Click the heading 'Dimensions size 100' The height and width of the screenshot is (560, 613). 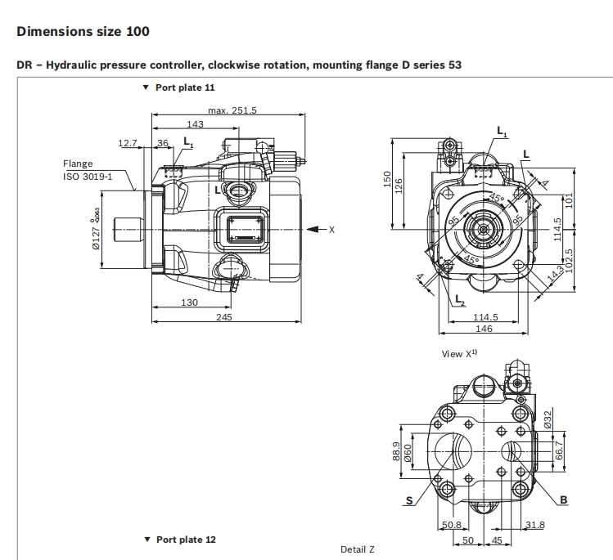tap(83, 32)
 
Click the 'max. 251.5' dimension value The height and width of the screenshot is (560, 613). tap(232, 110)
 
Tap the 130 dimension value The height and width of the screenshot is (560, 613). tap(189, 302)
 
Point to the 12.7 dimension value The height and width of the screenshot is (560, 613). tap(128, 143)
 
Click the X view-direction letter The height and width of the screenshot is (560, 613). tap(331, 230)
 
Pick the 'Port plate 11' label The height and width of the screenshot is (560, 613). tap(185, 87)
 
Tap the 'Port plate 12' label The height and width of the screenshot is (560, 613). tap(185, 540)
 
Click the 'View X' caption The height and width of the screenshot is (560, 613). tap(459, 354)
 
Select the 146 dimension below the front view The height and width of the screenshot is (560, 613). tap(485, 329)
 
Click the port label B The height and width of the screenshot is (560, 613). tap(564, 500)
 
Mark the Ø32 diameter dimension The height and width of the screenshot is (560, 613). tap(548, 418)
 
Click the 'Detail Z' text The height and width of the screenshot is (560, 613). tap(357, 549)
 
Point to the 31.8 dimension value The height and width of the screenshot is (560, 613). tap(536, 525)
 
